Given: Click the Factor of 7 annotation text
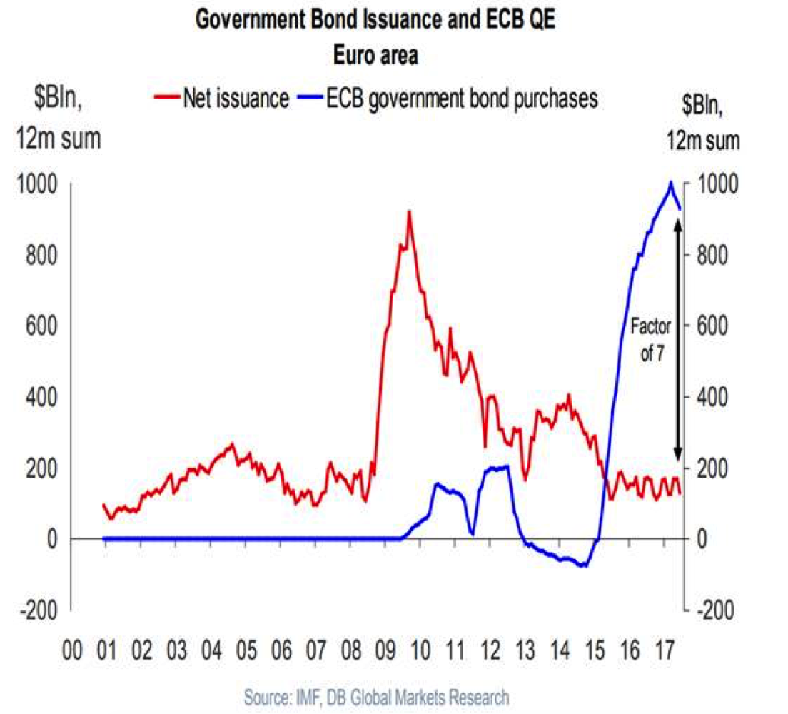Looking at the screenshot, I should point(650,341).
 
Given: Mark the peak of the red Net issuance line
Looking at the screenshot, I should point(408,212).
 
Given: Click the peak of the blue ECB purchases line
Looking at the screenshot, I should point(670,183).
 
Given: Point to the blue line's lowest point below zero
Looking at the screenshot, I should point(585,566).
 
